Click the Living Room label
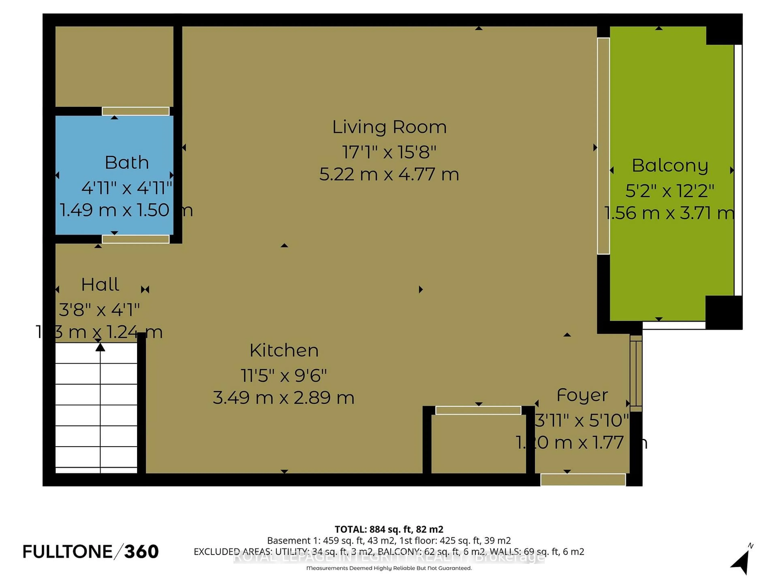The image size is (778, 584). [389, 127]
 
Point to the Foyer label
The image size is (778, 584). [582, 395]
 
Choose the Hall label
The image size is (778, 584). [100, 284]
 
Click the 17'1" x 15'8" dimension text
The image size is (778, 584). [389, 152]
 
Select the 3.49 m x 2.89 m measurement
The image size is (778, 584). [283, 398]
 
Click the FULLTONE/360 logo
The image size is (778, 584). [91, 552]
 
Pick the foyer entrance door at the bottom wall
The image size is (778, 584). [583, 480]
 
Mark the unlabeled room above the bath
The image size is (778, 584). [114, 66]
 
